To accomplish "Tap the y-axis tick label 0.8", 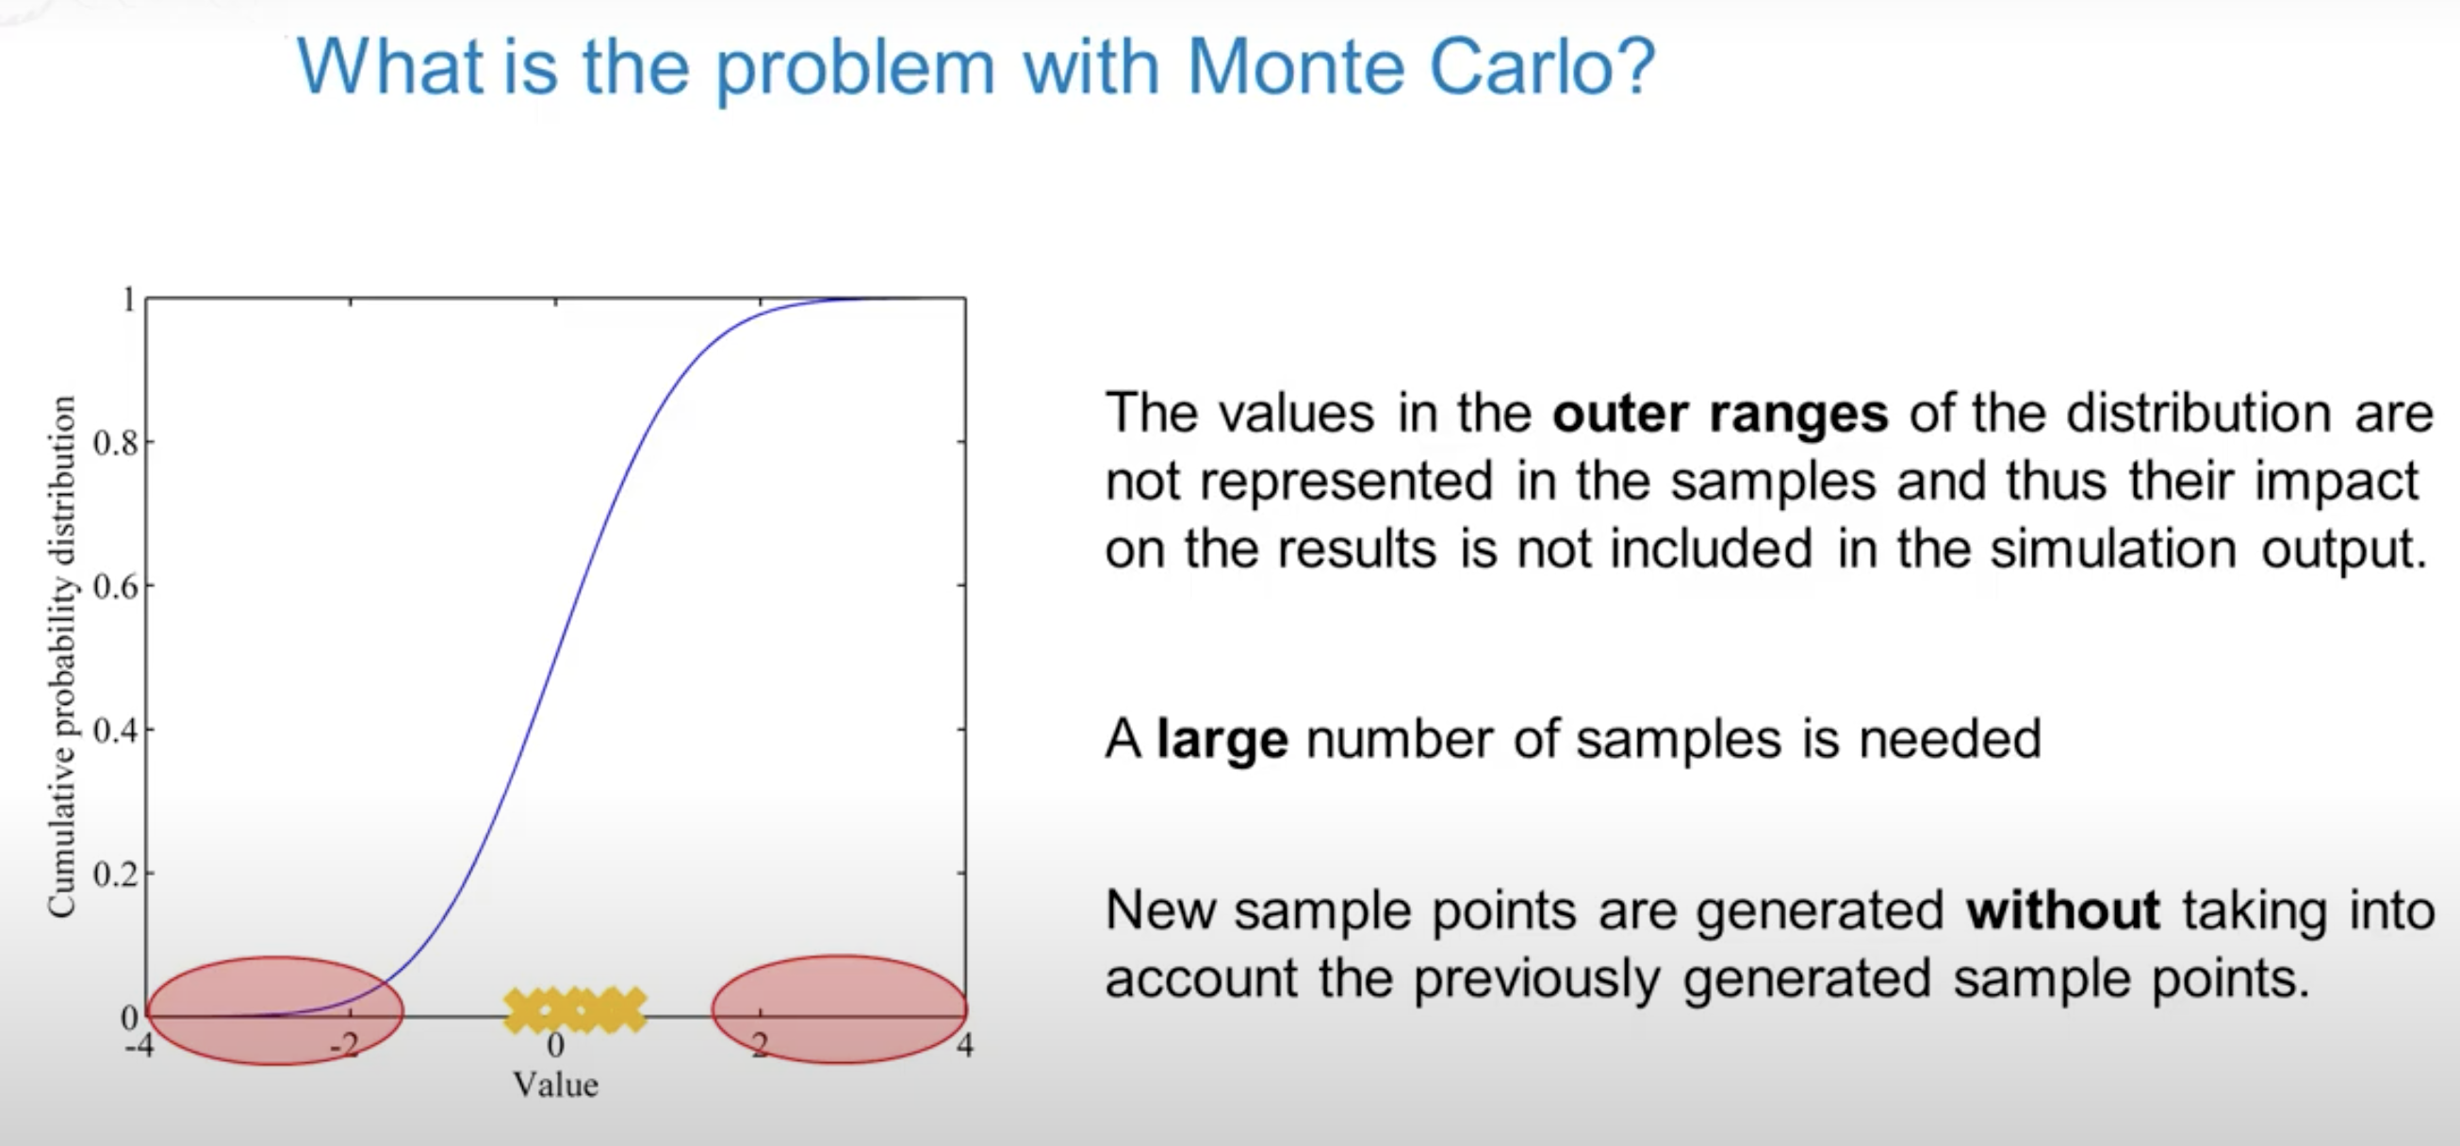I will point(116,444).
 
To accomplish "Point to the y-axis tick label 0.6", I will point(116,587).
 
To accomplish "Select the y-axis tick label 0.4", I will point(116,731).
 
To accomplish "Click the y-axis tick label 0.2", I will point(116,875).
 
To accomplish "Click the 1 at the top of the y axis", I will point(128,301).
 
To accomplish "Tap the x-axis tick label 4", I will point(965,1045).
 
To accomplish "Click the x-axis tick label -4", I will point(139,1045).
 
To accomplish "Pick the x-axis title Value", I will point(556,1085).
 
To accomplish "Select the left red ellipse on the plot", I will point(276,1009).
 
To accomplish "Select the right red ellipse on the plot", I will point(840,1009).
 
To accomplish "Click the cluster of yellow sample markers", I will point(575,1010).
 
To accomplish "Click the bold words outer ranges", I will point(1720,414).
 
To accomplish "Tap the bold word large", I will point(1222,740).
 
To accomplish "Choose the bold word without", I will point(2063,910).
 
